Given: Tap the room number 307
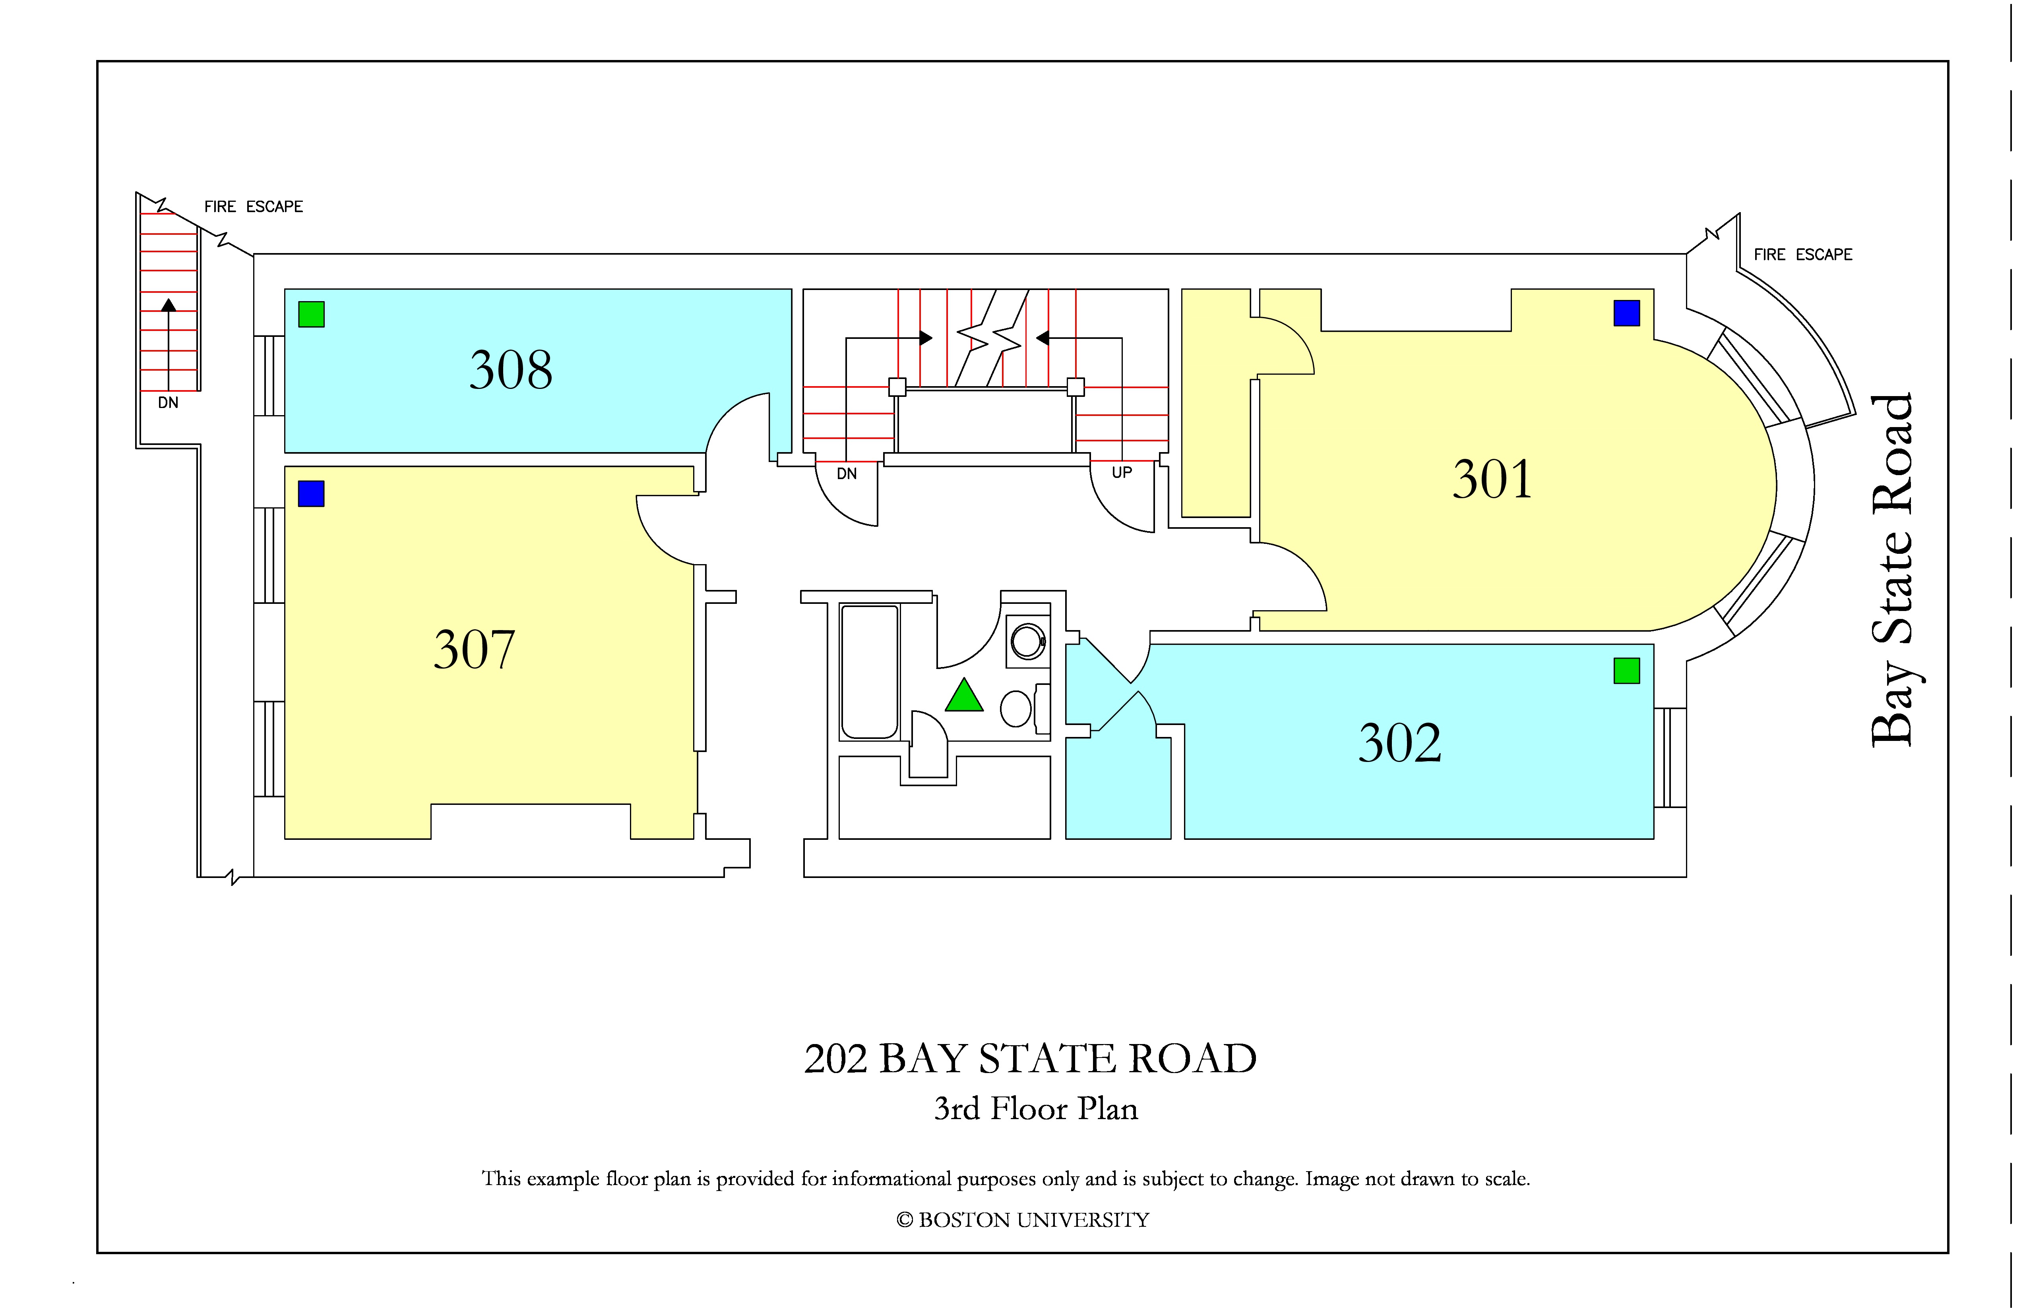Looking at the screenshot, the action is (x=475, y=650).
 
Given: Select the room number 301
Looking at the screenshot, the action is (x=1492, y=479).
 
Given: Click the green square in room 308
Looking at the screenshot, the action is (x=312, y=314).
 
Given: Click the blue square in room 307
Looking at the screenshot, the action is (x=312, y=494).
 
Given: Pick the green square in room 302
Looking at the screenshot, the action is (x=1627, y=671).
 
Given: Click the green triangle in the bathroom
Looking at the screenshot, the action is (x=964, y=696).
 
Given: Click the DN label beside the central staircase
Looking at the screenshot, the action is (x=847, y=473).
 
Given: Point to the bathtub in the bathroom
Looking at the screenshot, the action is (x=870, y=672).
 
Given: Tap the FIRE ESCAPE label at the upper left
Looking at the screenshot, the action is (x=254, y=207).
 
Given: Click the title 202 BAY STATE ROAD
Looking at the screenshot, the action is (x=1031, y=1059).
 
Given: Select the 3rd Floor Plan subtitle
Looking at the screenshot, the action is (x=1036, y=1108).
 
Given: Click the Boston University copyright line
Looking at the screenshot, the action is (x=1023, y=1220).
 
